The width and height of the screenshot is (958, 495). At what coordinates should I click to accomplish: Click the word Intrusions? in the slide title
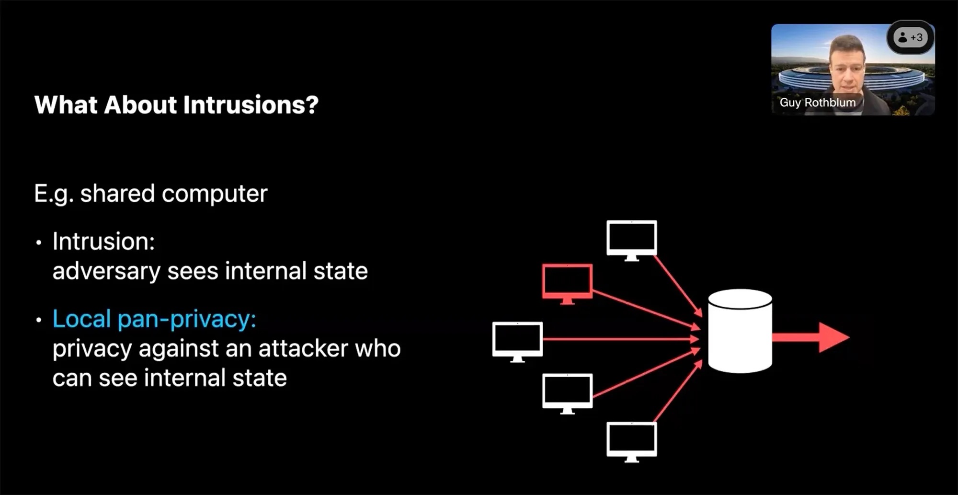click(251, 104)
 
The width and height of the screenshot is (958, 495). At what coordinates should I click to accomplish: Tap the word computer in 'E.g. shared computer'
click(215, 194)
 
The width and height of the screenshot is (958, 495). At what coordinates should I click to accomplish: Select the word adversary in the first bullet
click(106, 272)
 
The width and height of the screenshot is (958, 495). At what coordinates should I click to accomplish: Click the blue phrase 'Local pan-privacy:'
click(154, 319)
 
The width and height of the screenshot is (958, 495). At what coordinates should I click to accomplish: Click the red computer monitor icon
click(567, 284)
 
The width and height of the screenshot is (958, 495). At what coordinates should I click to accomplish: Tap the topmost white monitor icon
click(631, 240)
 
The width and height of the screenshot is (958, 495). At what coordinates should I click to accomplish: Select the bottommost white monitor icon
click(631, 442)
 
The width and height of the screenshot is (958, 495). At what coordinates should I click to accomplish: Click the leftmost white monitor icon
click(517, 342)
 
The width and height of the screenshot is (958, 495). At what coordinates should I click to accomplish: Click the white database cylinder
click(740, 331)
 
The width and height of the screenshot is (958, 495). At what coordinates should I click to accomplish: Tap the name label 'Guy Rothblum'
click(817, 103)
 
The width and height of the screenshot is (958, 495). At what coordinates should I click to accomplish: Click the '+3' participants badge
click(910, 37)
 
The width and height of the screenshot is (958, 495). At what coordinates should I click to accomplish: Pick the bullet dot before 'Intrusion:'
click(39, 242)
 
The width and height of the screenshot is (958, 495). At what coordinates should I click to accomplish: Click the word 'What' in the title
click(66, 104)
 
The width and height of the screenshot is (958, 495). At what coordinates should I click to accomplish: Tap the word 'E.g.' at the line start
click(54, 194)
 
